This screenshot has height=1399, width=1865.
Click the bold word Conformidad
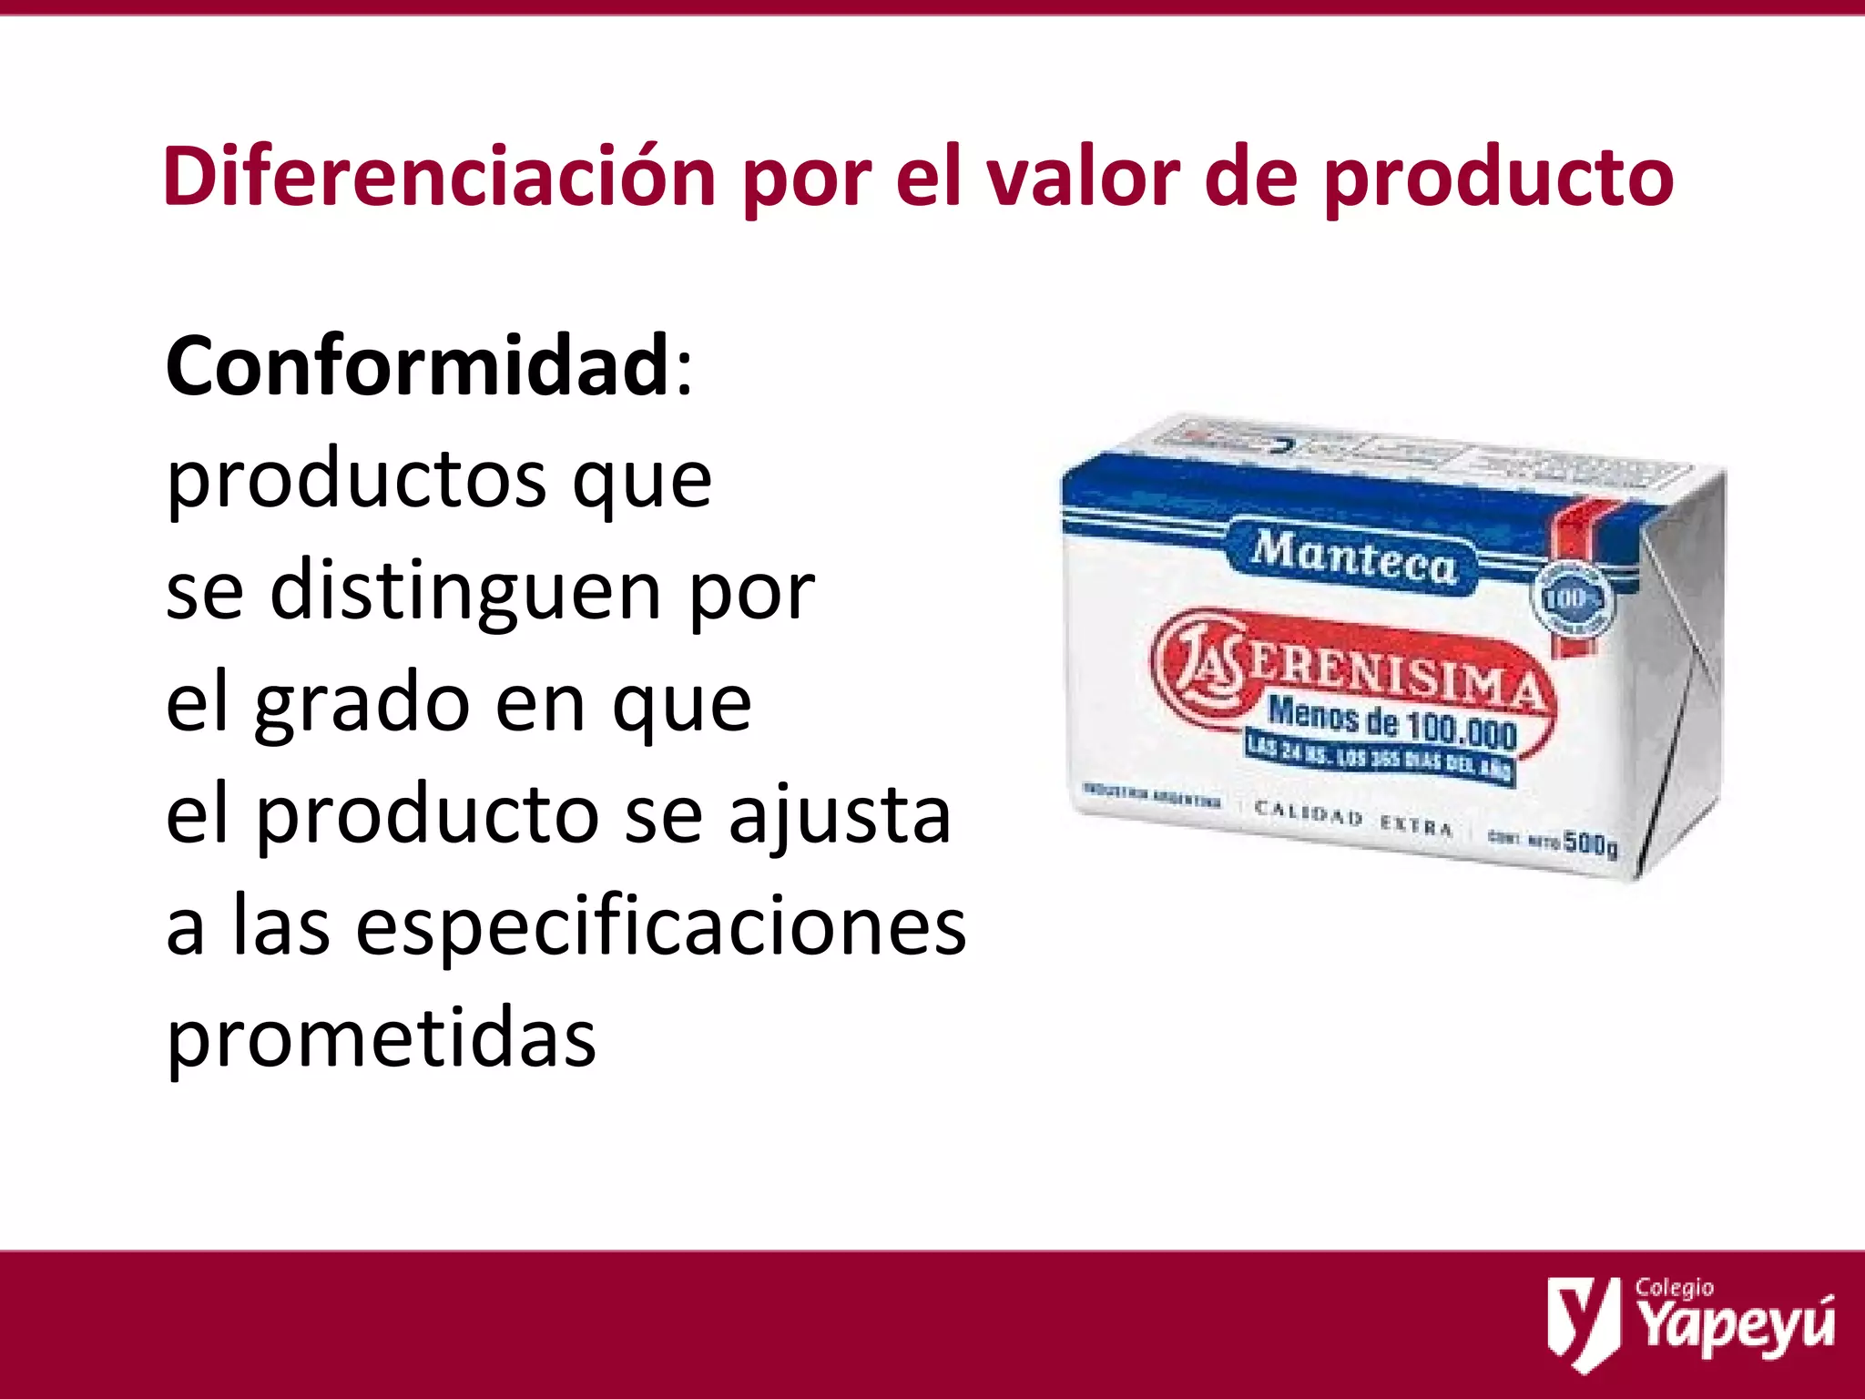(x=418, y=366)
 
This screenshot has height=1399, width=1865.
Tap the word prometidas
(x=382, y=1041)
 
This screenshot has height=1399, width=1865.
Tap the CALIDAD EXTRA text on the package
(x=1353, y=817)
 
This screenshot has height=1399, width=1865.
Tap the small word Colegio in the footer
(x=1674, y=1288)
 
